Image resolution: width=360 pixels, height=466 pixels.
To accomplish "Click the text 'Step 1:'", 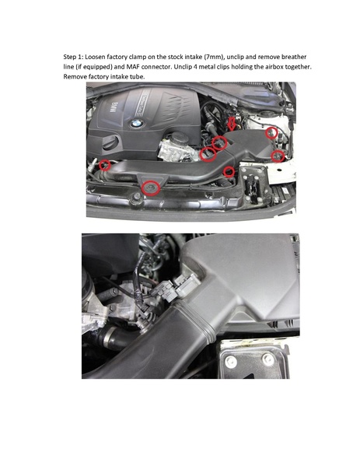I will point(75,58).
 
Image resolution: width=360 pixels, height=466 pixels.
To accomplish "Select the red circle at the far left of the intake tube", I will point(105,164).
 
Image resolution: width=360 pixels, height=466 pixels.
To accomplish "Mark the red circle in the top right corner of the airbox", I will point(271,134).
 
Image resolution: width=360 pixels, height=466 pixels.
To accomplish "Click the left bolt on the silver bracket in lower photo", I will point(232,359).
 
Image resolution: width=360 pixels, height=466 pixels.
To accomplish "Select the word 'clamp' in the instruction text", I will point(155,58).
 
